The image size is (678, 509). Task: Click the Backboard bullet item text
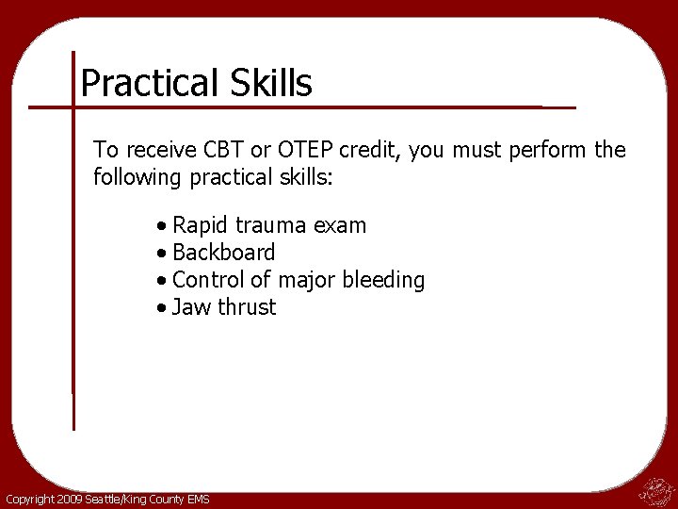(x=224, y=253)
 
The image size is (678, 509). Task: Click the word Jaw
(x=191, y=307)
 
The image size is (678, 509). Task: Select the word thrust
(x=247, y=307)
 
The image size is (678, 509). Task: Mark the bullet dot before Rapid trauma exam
(x=164, y=227)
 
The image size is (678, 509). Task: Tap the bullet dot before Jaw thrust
(x=164, y=308)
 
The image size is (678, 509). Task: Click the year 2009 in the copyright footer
(x=69, y=499)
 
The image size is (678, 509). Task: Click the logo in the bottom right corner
(x=655, y=489)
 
